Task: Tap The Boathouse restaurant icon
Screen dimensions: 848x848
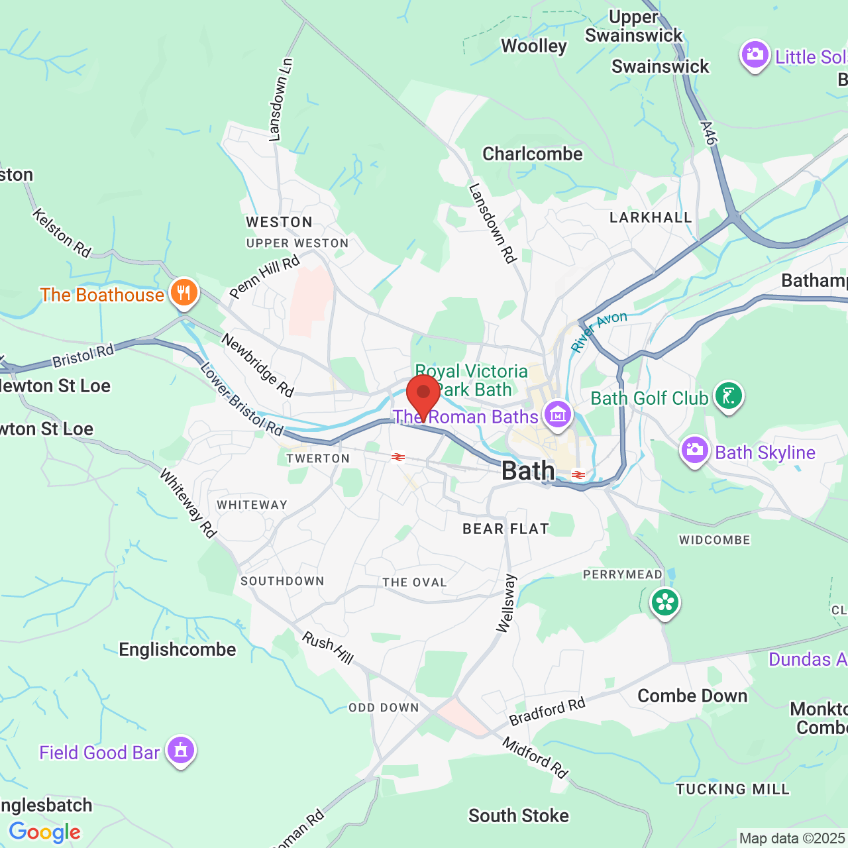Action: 184,293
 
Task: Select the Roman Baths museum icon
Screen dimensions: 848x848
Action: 558,415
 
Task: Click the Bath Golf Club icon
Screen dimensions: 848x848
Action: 729,396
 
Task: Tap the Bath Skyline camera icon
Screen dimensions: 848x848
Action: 694,450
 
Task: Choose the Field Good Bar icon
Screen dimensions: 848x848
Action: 180,751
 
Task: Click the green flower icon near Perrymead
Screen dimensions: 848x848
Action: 664,603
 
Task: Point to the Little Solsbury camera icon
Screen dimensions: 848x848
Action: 755,55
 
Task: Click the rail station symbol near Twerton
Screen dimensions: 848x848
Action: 398,457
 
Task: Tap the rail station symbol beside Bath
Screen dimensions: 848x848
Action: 578,475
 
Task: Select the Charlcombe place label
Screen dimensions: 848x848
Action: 533,154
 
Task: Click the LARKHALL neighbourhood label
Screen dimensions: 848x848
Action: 651,217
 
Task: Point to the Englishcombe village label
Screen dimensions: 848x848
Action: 178,649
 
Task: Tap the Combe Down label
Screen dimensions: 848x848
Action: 692,696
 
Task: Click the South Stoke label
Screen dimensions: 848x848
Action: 519,816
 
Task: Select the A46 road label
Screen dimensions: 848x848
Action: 708,132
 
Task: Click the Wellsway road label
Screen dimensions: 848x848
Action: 506,604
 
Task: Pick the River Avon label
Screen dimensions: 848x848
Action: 599,331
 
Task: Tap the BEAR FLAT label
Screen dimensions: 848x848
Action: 506,529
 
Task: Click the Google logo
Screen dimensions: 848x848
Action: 45,832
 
